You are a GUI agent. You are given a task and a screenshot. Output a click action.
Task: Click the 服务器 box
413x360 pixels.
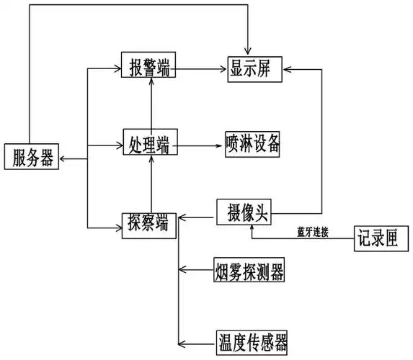[32, 157]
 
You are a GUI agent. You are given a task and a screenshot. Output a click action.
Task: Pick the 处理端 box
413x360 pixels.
[150, 143]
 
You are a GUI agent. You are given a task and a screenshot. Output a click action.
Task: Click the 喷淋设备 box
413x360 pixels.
[252, 143]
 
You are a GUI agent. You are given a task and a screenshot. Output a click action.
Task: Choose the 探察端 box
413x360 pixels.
[150, 223]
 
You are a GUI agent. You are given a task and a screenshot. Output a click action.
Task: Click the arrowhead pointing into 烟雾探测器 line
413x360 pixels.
[183, 270]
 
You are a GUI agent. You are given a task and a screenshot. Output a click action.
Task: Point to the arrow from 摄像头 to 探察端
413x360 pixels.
[197, 215]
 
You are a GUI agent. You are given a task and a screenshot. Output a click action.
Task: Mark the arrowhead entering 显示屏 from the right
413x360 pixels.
[288, 68]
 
